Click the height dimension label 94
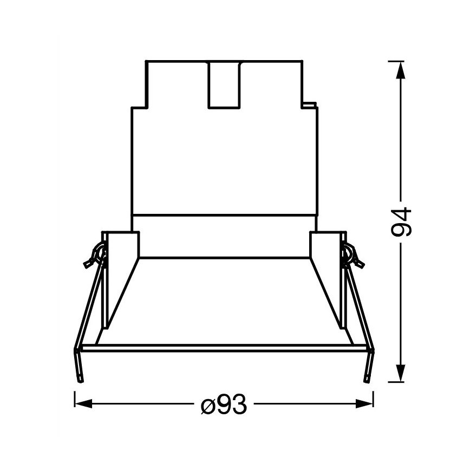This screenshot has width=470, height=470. [x=402, y=221]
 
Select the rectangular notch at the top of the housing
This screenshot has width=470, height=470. [x=224, y=84]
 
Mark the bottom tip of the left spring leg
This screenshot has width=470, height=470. [x=81, y=379]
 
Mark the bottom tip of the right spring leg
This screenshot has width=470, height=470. [x=368, y=379]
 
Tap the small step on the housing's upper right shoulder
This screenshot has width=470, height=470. [x=310, y=103]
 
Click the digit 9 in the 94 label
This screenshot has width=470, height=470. [x=402, y=230]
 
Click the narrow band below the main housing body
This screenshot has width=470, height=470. [x=224, y=223]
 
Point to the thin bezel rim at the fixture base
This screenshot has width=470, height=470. [x=224, y=348]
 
